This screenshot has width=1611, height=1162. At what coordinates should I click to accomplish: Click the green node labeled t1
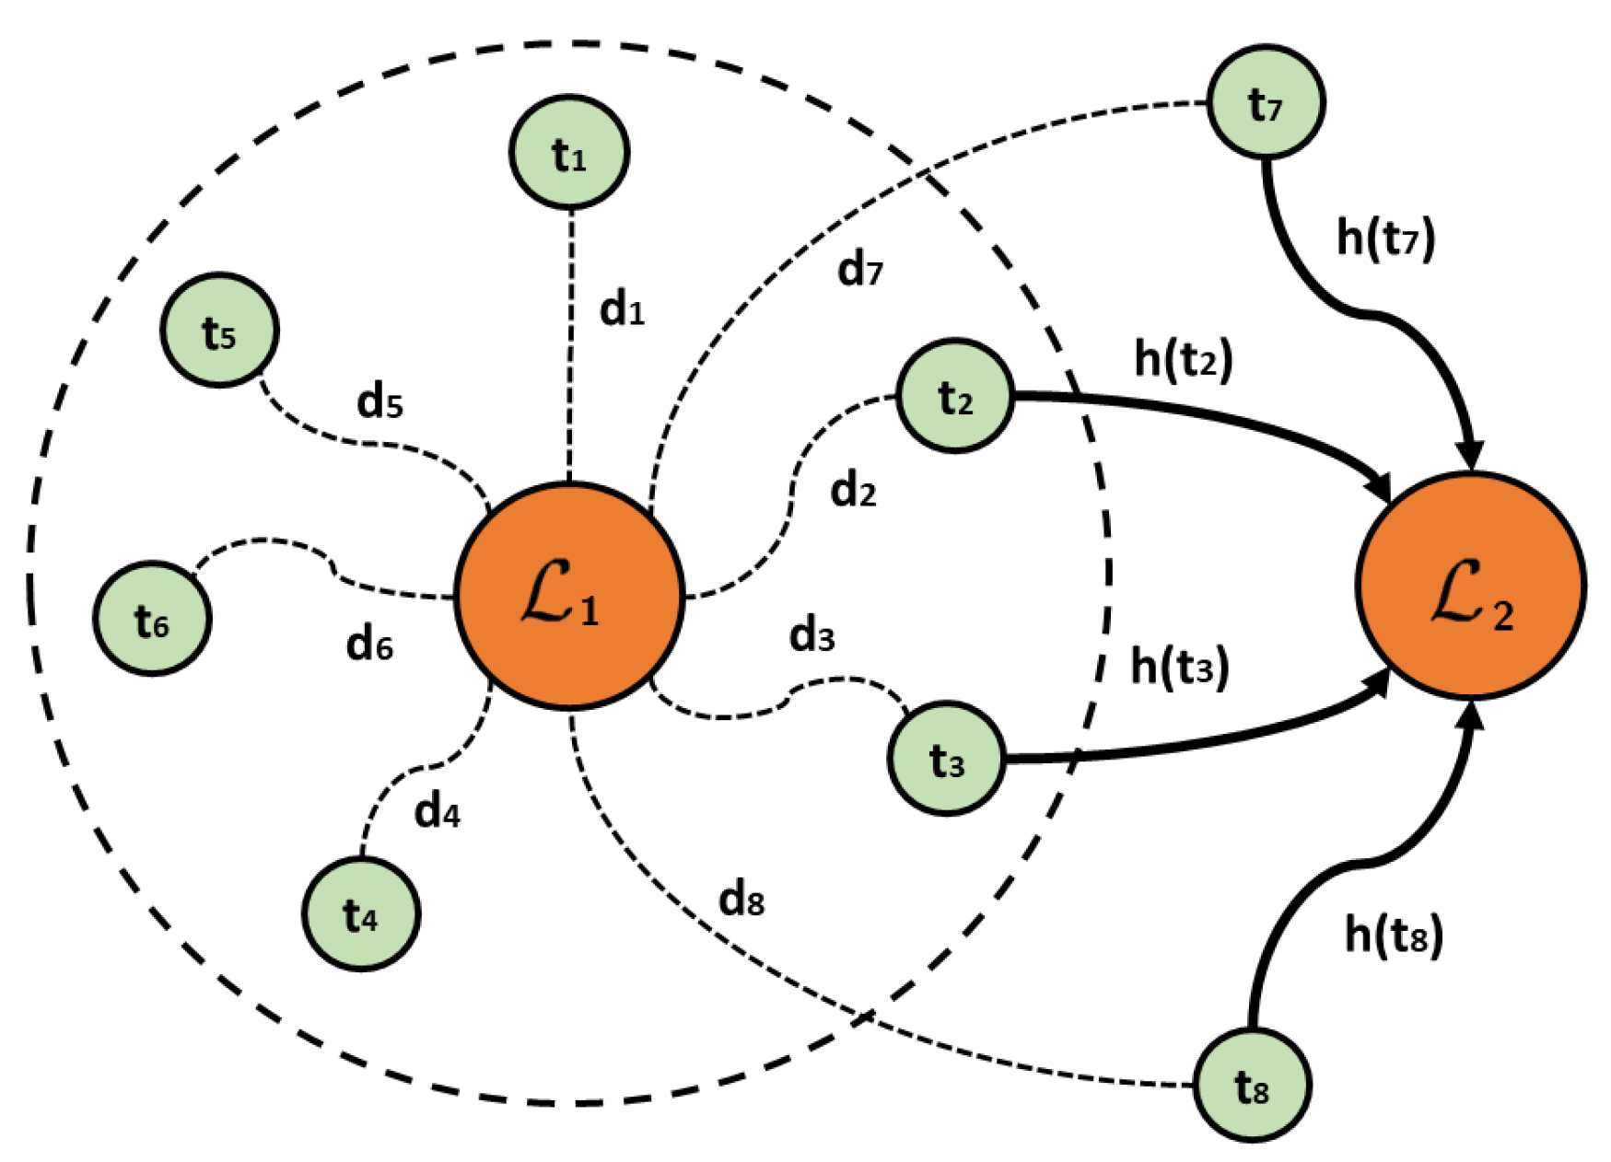(569, 153)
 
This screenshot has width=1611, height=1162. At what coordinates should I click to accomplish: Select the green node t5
(219, 330)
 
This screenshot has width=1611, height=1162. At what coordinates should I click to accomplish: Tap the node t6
(152, 619)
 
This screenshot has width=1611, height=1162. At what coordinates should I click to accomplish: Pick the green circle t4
(361, 913)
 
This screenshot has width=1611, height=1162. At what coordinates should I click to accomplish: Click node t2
(955, 396)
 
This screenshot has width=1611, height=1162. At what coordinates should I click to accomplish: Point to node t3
(947, 759)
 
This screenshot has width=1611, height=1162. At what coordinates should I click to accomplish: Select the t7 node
(1266, 102)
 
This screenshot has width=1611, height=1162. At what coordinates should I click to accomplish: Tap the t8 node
(1252, 1086)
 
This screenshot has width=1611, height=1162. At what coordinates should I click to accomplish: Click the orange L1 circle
(569, 596)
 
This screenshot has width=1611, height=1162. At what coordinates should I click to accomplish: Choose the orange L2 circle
(1470, 587)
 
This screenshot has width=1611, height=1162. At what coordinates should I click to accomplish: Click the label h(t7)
(1385, 238)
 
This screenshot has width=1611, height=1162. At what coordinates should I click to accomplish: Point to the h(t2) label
(1183, 358)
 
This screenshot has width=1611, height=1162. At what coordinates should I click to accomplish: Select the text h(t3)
(1179, 666)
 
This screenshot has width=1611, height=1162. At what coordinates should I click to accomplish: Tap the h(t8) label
(1393, 935)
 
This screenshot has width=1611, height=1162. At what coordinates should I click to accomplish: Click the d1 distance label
(622, 309)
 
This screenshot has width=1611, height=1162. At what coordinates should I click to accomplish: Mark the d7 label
(859, 270)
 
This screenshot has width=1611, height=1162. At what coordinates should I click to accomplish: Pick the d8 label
(741, 899)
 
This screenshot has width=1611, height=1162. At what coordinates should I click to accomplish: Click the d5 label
(379, 401)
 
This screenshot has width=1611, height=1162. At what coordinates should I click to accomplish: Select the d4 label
(437, 811)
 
